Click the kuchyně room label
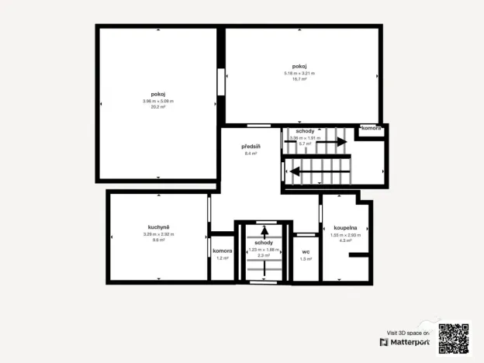158,226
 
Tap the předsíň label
250,146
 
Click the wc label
306,251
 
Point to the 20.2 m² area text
158,107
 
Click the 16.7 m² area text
299,79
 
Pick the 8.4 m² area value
250,154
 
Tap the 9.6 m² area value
158,240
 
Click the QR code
454,337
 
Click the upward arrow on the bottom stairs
264,230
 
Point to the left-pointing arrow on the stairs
295,171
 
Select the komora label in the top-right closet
371,128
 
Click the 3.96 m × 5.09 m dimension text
158,102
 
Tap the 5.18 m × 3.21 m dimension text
299,73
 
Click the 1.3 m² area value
306,258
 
